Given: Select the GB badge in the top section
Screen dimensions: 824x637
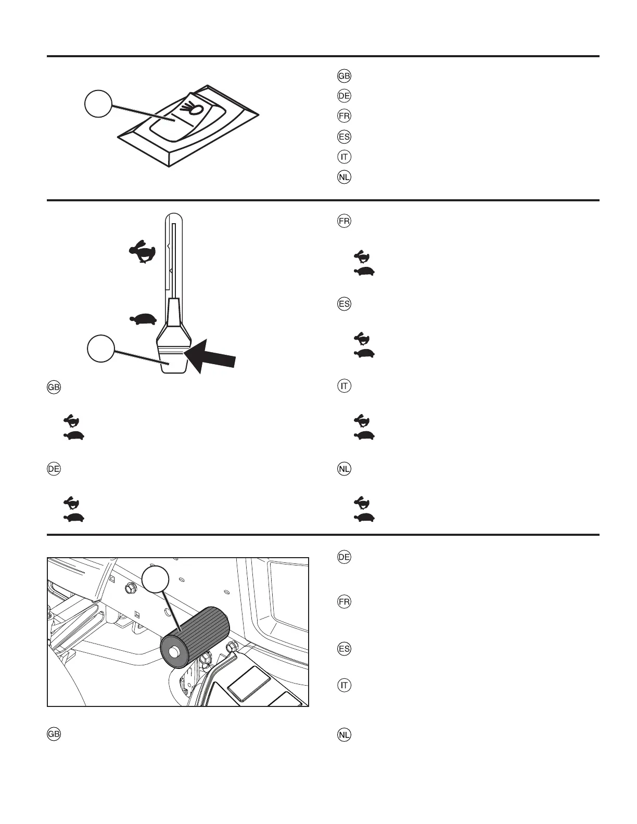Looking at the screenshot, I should coord(344,76).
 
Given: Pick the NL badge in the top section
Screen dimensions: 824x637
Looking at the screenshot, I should coord(344,177).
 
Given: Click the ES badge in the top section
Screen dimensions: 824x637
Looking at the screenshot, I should coord(344,137).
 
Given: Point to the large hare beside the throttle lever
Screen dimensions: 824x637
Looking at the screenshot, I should coord(142,251).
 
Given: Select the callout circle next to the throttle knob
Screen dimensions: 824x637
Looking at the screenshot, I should coord(100,348).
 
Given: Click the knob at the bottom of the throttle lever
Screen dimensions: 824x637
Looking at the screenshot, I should coord(172,359).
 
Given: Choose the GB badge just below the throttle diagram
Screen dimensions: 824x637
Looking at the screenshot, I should coord(54,388).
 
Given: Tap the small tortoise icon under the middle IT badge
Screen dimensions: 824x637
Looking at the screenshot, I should coord(364,435).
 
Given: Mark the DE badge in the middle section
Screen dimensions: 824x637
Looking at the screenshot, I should coord(54,469).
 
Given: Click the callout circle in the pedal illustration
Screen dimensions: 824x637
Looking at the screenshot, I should coord(156,579).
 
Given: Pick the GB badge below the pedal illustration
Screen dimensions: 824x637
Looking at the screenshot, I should coord(54,735).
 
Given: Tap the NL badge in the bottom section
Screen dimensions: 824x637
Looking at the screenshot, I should coord(344,735).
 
